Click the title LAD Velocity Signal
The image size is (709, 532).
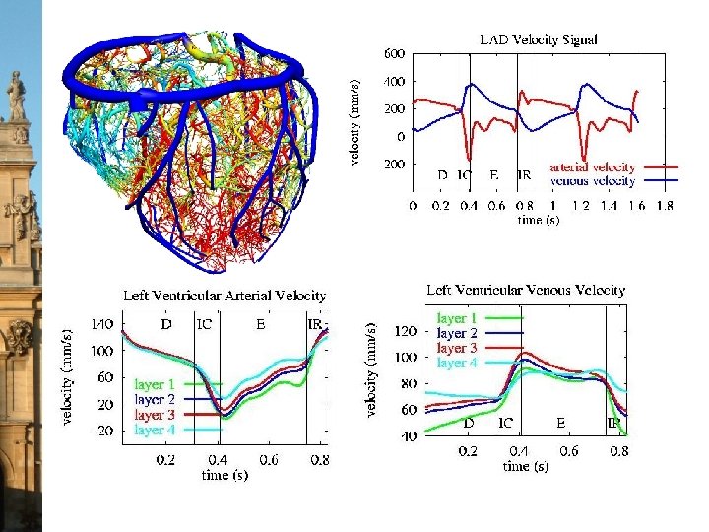tap(538, 40)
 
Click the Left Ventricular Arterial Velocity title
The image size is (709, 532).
tap(224, 295)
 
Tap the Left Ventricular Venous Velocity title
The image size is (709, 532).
tap(526, 290)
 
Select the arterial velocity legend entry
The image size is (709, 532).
tap(592, 167)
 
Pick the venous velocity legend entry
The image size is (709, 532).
tap(592, 181)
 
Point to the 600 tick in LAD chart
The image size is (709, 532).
tap(394, 53)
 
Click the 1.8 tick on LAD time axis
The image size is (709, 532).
tap(665, 206)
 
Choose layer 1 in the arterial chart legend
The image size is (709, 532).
tap(156, 383)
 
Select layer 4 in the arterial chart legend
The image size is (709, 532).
tap(156, 430)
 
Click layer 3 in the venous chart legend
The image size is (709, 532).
tap(457, 348)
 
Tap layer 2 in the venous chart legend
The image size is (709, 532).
tap(457, 333)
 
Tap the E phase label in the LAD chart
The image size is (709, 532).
tap(493, 175)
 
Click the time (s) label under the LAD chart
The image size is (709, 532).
tap(539, 220)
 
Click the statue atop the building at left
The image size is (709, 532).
tap(16, 96)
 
